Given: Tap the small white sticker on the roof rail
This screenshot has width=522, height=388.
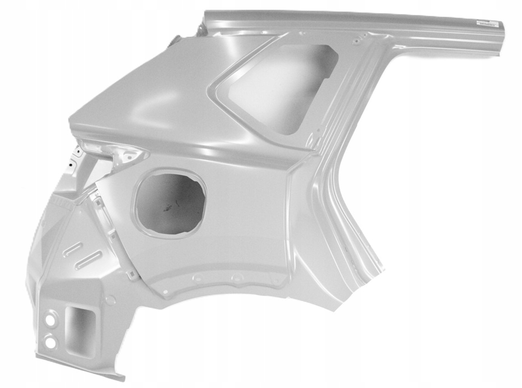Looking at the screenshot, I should point(484,23).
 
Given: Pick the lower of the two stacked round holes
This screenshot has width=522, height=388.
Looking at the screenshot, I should point(50,340).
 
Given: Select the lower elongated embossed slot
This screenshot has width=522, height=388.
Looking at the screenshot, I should point(88,259).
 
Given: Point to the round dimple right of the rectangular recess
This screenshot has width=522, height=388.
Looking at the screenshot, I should point(110,300).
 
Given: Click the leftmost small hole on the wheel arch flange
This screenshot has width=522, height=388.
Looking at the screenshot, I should point(166,291).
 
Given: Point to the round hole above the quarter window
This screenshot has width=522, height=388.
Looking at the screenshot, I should point(356,40).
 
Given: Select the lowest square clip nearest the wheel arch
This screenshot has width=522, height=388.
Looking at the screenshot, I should point(132,274).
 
